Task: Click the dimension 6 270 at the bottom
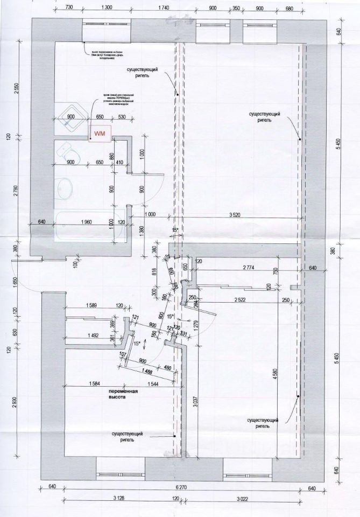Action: click(180, 488)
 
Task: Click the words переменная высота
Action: click(124, 395)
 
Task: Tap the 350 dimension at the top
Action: click(235, 8)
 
